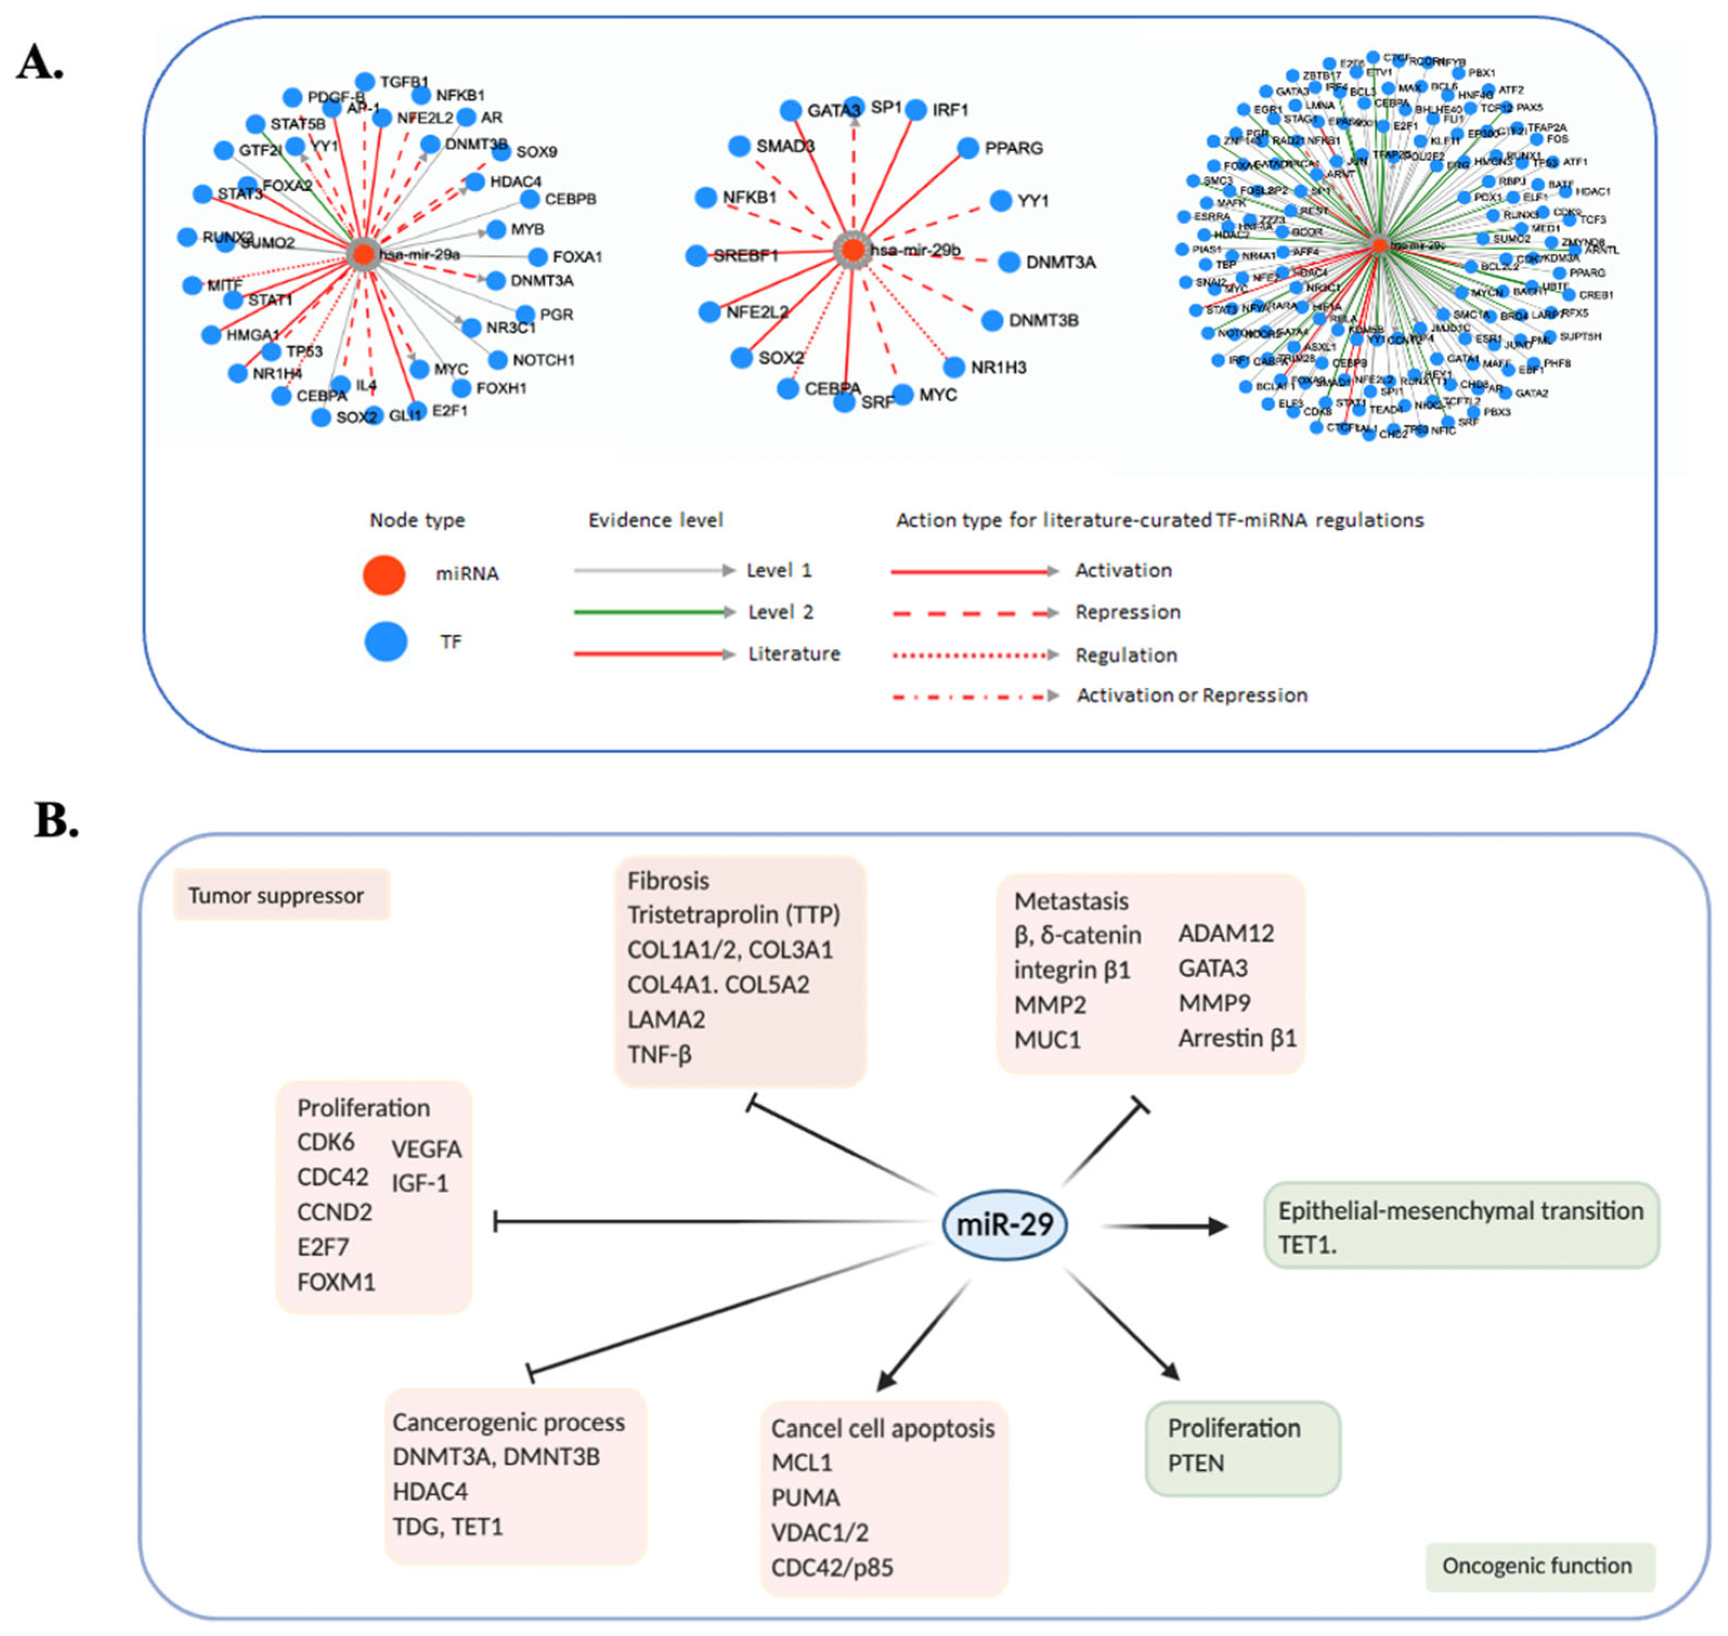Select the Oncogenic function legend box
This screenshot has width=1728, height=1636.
[1538, 1566]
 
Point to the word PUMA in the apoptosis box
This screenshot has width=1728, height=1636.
[805, 1497]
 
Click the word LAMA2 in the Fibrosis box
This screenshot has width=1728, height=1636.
[666, 1018]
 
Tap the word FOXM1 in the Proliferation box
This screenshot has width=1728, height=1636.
[336, 1282]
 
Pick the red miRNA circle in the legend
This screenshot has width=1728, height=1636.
[384, 575]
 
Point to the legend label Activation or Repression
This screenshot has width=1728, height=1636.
[1191, 695]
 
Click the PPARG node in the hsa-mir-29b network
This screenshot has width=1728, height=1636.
[968, 148]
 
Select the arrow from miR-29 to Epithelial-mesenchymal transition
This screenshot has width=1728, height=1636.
[1165, 1226]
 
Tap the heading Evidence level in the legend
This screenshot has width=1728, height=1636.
[655, 521]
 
